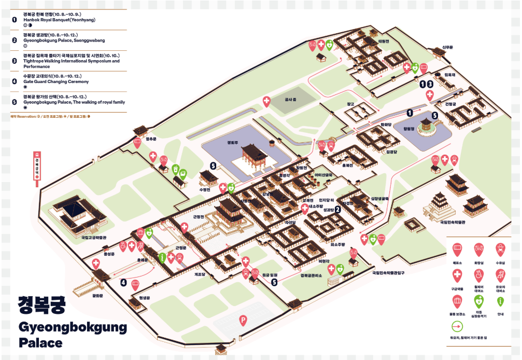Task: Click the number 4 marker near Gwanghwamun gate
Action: pos(123,283)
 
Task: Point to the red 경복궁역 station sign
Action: pos(37,167)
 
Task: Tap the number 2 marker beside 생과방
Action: pos(337,210)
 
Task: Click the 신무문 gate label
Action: pos(447,47)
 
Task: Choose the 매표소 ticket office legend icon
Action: pos(457,250)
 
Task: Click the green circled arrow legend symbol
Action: pos(457,327)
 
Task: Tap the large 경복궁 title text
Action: pos(41,304)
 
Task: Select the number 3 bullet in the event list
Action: pos(14,60)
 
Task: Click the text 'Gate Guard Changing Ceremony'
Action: pos(56,82)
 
